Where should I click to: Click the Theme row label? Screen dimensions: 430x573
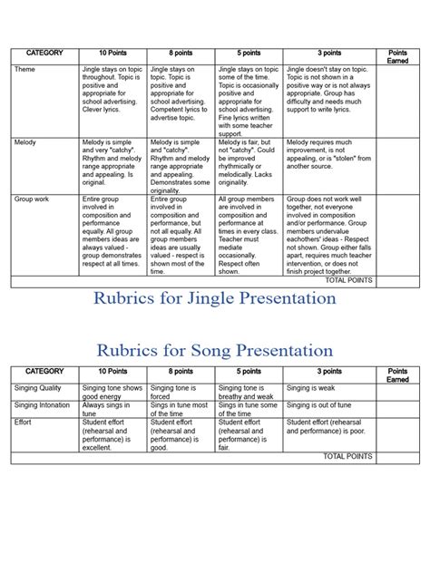pyautogui.click(x=24, y=69)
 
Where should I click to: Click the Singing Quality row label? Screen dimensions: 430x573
pyautogui.click(x=40, y=387)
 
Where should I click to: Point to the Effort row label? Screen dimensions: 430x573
pyautogui.click(x=24, y=422)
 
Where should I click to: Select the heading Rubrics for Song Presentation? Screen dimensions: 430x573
pyautogui.click(x=215, y=348)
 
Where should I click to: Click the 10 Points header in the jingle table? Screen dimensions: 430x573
pyautogui.click(x=114, y=53)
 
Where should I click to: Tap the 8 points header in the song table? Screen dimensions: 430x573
pyautogui.click(x=181, y=372)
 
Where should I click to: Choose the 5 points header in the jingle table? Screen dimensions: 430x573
pyautogui.click(x=249, y=53)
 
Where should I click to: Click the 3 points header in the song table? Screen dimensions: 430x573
pyautogui.click(x=329, y=372)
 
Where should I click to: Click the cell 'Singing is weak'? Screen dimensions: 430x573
pyautogui.click(x=313, y=387)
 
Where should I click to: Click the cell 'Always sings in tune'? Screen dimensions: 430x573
pyautogui.click(x=114, y=409)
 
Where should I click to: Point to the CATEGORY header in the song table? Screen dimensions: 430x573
pyautogui.click(x=45, y=372)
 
